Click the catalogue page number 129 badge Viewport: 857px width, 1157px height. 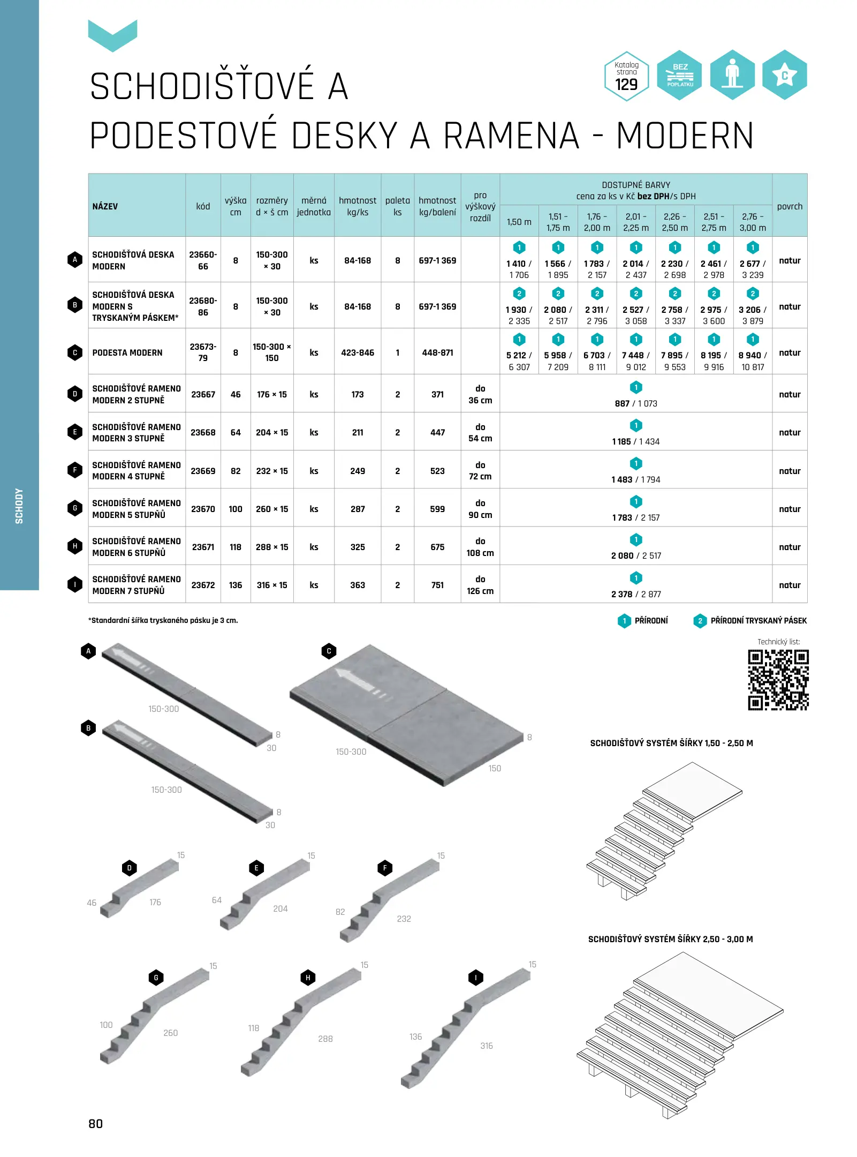[x=626, y=76]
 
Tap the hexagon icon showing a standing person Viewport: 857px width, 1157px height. [x=732, y=75]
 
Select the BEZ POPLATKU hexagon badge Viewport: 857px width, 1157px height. [x=679, y=75]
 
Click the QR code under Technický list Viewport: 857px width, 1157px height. [x=778, y=680]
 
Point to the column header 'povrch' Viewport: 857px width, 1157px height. [x=790, y=206]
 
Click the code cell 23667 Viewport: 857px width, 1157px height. [x=203, y=394]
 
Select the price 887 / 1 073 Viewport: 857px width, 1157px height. [x=636, y=403]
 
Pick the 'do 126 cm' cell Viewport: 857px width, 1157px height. [x=480, y=585]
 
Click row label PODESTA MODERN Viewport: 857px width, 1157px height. [x=127, y=352]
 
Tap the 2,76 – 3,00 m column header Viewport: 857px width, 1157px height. [x=753, y=222]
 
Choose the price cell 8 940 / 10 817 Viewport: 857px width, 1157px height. [x=753, y=361]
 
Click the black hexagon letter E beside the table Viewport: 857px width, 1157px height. [x=75, y=432]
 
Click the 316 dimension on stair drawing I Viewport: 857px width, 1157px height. [x=487, y=1046]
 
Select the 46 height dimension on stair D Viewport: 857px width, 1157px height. [x=92, y=903]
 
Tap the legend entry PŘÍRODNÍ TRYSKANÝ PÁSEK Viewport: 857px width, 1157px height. [x=758, y=621]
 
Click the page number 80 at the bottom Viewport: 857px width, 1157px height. [x=96, y=1124]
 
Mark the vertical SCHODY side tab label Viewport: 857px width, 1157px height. [x=19, y=506]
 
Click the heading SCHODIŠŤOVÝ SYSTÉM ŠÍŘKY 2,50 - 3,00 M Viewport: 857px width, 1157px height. [x=670, y=939]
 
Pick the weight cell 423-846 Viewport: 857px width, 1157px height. [x=358, y=352]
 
